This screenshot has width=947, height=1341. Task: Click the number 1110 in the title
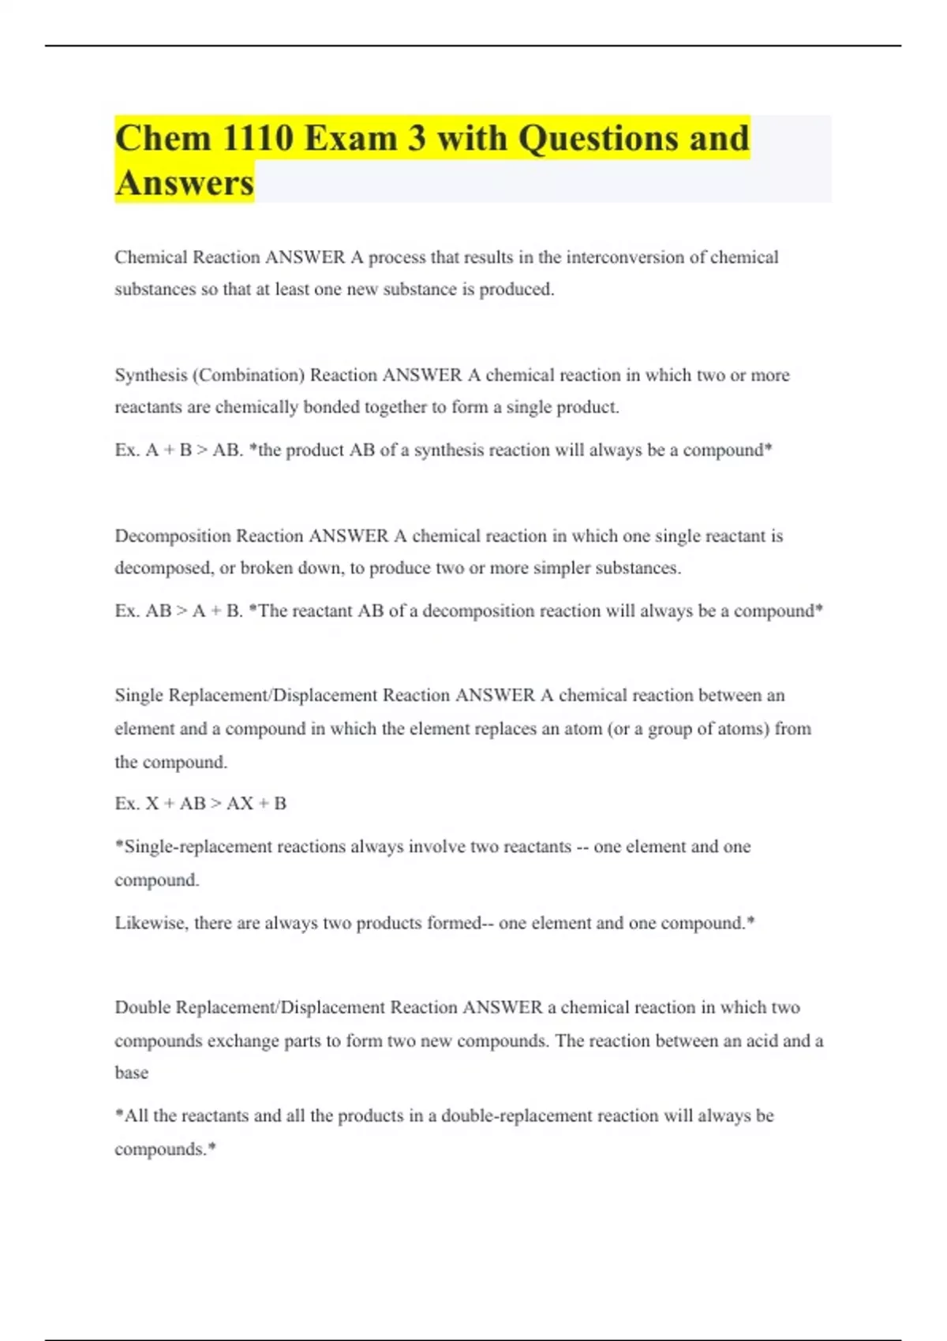click(x=257, y=139)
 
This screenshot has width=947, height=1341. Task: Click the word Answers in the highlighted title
click(x=184, y=183)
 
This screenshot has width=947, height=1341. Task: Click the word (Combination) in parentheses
click(x=249, y=375)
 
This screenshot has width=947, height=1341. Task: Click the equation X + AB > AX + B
click(x=216, y=803)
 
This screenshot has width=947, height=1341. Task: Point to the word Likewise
click(x=151, y=923)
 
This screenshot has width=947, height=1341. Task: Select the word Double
click(x=142, y=1007)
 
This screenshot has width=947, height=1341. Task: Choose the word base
click(x=131, y=1073)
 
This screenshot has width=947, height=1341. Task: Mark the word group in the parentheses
click(x=670, y=729)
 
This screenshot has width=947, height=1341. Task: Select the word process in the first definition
click(x=397, y=258)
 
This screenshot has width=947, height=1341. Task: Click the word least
click(x=291, y=289)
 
